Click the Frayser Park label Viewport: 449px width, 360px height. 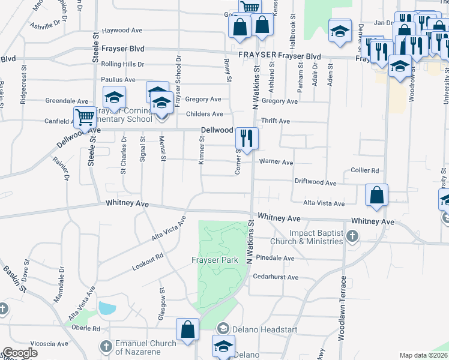[x=215, y=260]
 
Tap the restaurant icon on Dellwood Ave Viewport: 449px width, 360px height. [x=247, y=138]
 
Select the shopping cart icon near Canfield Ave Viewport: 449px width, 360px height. [x=85, y=117]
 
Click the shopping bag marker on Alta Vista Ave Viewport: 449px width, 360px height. [x=376, y=194]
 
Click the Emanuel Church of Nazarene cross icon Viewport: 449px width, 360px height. [x=106, y=347]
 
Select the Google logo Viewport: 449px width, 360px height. [x=20, y=353]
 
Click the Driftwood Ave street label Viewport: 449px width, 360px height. [x=315, y=181]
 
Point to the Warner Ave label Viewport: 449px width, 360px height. [x=276, y=162]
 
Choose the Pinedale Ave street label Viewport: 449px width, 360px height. [x=275, y=258]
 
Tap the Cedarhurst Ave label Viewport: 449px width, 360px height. [x=276, y=277]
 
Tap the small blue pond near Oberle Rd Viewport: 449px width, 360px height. [x=107, y=309]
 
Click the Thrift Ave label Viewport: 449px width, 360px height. [x=276, y=121]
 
